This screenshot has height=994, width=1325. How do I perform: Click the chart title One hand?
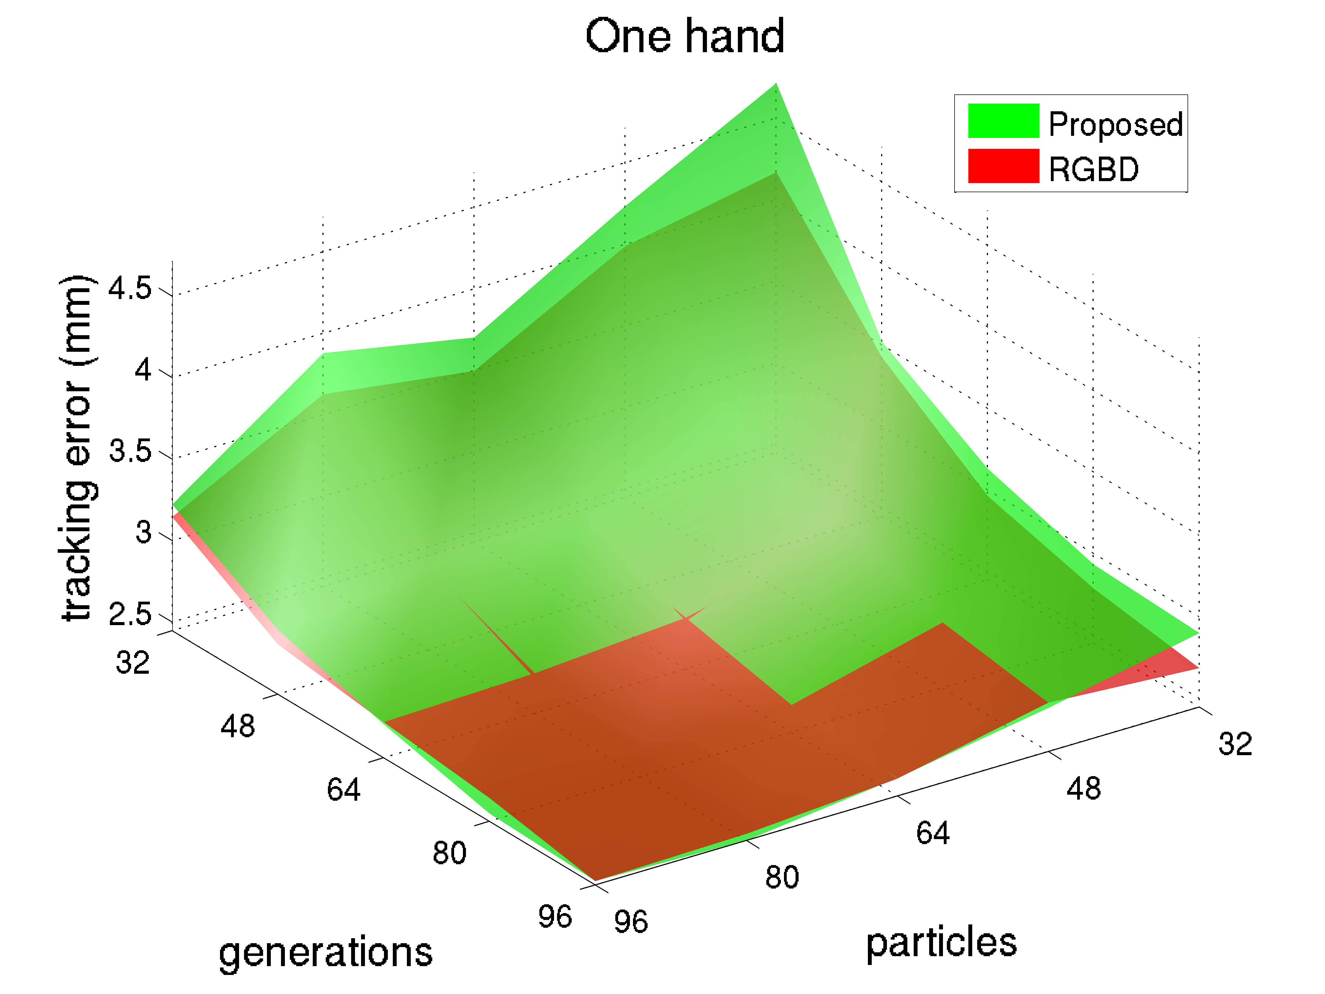click(x=685, y=36)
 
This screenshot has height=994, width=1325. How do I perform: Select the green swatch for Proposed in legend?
click(x=1003, y=120)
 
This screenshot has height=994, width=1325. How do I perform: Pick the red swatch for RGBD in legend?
click(x=1003, y=165)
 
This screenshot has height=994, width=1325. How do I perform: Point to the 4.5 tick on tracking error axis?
click(x=129, y=289)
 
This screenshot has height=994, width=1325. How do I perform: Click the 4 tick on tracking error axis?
click(x=142, y=370)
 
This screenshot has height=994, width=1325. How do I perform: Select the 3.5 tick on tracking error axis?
click(x=129, y=451)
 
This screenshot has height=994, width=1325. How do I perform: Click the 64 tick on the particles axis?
click(x=933, y=833)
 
